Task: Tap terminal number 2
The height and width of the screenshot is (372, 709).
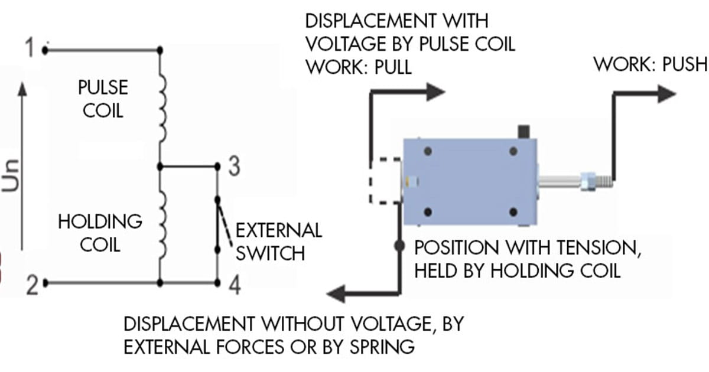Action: coord(31,287)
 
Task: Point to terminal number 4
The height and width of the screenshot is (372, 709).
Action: coord(234,286)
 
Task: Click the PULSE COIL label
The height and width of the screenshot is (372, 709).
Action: coord(103,99)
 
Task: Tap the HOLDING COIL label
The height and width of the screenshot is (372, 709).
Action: coord(100,233)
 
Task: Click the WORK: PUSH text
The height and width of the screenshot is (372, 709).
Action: coord(650,64)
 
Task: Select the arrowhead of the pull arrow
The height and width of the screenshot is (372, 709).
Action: coord(435,90)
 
